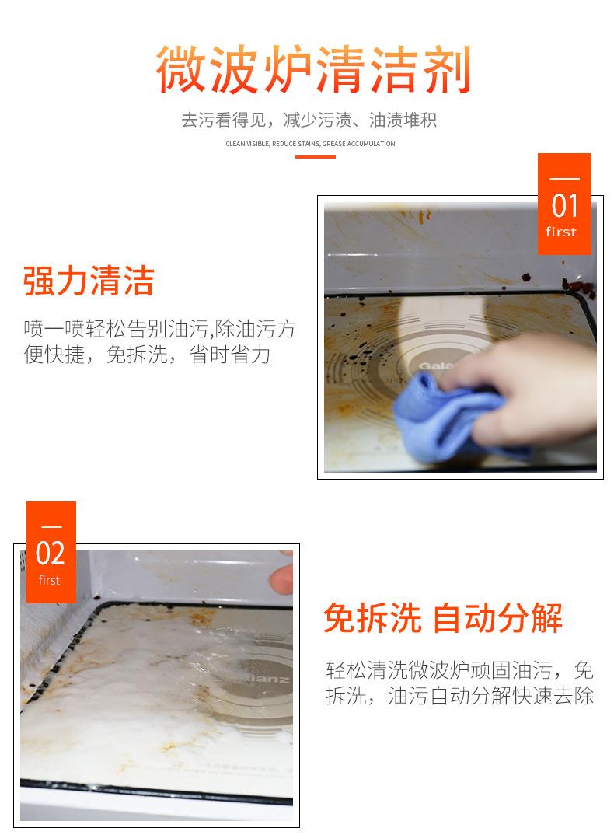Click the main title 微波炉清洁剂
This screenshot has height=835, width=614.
[x=313, y=69]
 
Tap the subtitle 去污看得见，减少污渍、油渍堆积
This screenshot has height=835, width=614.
[x=309, y=120]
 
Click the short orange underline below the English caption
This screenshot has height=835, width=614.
[x=316, y=157]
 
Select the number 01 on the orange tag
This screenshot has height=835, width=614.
[x=564, y=206]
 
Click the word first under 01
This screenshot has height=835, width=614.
[x=561, y=232]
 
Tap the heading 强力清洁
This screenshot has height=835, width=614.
[x=89, y=281]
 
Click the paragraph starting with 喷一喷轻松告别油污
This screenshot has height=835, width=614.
[x=159, y=341]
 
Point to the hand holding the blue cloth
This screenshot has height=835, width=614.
[x=527, y=389]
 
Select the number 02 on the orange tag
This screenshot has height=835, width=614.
[x=50, y=554]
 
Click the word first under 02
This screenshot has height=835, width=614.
[x=49, y=580]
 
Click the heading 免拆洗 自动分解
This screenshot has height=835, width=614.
[x=442, y=618]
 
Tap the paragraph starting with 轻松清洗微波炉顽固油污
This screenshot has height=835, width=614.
[x=459, y=683]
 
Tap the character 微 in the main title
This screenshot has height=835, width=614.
[x=181, y=69]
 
